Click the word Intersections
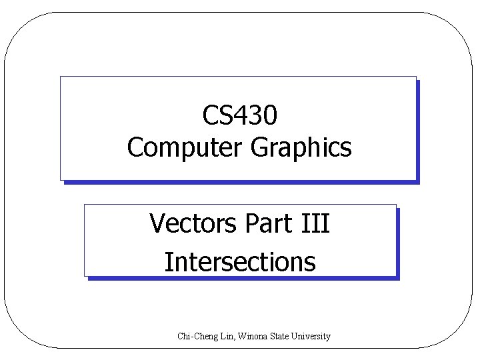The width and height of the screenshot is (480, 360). (x=239, y=261)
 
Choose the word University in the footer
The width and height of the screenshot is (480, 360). (x=311, y=337)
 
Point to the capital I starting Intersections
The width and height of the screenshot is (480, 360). (x=167, y=261)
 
